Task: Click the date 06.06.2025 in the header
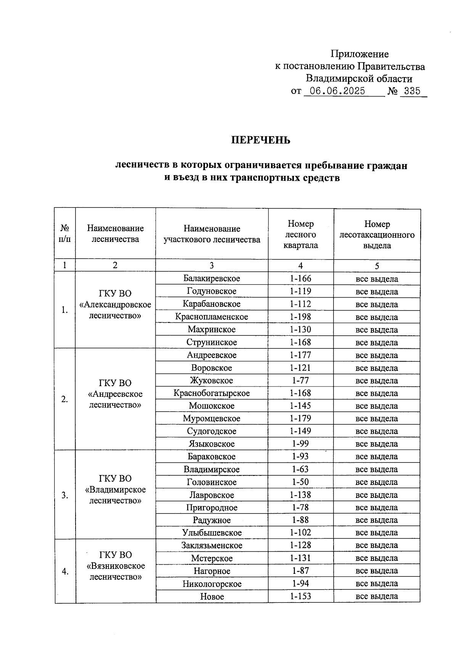click(337, 91)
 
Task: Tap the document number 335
click(412, 91)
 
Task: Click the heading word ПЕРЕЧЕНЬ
click(261, 140)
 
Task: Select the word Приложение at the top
click(360, 54)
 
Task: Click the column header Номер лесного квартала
click(301, 234)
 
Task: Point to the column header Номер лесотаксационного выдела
click(377, 234)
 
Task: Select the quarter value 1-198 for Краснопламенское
click(300, 317)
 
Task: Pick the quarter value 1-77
click(300, 380)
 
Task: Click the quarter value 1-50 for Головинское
click(300, 482)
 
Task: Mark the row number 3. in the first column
click(65, 495)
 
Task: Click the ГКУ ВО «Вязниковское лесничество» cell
click(115, 566)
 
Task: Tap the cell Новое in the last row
click(212, 596)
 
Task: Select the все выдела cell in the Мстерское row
click(377, 558)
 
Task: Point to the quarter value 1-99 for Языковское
click(300, 444)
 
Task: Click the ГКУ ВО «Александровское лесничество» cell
click(115, 304)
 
